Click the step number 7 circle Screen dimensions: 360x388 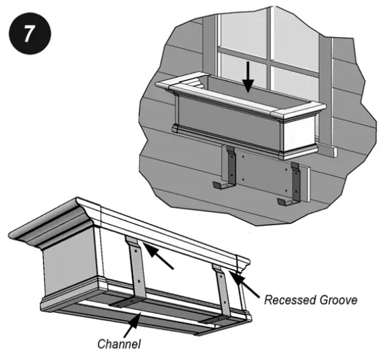pyautogui.click(x=27, y=34)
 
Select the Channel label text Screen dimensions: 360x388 pyautogui.click(x=120, y=343)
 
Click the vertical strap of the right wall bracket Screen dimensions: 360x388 pyautogui.click(x=296, y=181)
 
